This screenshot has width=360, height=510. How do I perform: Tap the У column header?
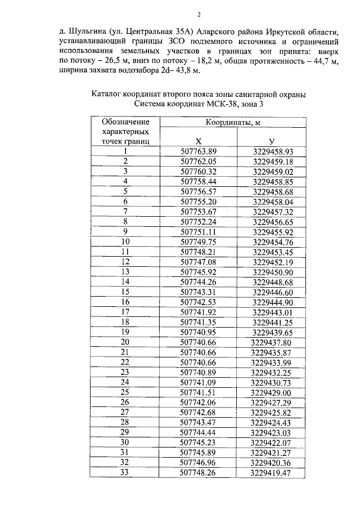(272, 141)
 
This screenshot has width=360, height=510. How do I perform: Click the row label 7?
(125, 212)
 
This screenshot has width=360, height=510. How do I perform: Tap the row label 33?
(125, 472)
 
